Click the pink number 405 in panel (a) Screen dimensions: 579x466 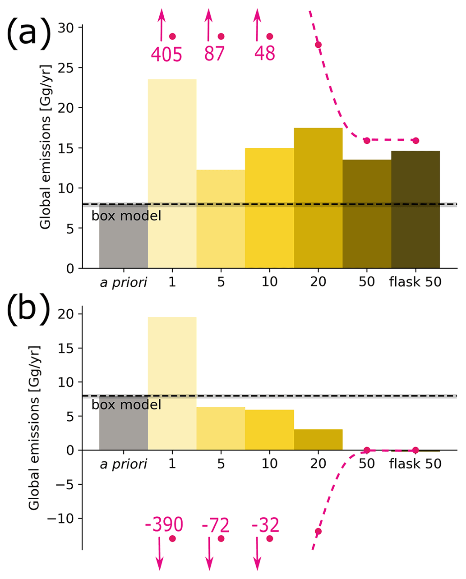pyautogui.click(x=166, y=54)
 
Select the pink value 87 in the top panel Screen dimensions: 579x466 pyautogui.click(x=214, y=54)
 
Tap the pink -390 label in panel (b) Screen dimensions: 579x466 pyautogui.click(x=164, y=525)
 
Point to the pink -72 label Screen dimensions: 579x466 pyautogui.click(x=215, y=525)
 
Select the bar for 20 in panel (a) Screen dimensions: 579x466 pyautogui.click(x=318, y=198)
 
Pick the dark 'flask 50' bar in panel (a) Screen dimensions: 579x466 pyautogui.click(x=415, y=209)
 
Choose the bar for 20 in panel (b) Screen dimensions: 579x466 pyautogui.click(x=318, y=440)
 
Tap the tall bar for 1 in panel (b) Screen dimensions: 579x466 pyautogui.click(x=172, y=383)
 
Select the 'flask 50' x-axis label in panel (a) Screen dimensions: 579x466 pyautogui.click(x=415, y=282)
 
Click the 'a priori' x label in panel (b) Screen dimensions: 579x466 pyautogui.click(x=123, y=464)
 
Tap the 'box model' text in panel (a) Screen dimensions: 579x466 pyautogui.click(x=126, y=216)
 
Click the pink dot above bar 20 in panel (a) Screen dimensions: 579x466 pyautogui.click(x=318, y=44)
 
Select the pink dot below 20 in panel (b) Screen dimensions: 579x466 pyautogui.click(x=318, y=531)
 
